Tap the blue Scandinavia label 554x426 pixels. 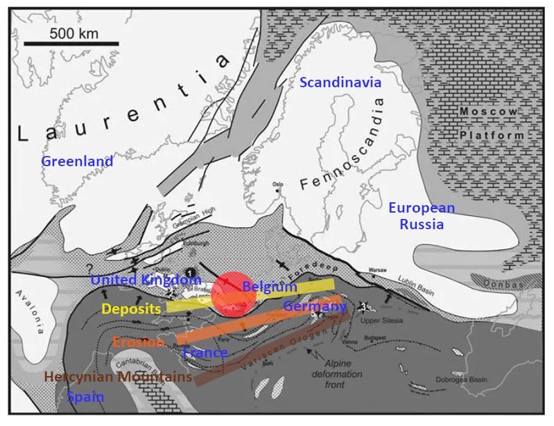[340, 82]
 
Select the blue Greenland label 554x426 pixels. [76, 161]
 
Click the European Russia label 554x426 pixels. [422, 216]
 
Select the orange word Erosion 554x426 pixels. [138, 342]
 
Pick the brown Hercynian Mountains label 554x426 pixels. [117, 377]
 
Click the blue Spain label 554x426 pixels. [85, 398]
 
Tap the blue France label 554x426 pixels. [205, 353]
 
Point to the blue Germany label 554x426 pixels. [315, 306]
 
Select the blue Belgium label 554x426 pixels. [270, 287]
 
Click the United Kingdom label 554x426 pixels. [146, 280]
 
